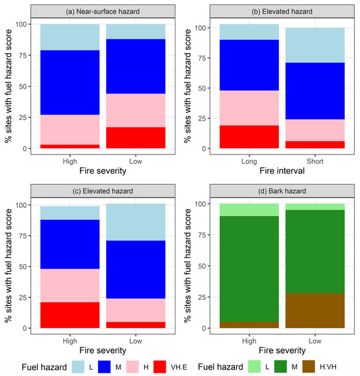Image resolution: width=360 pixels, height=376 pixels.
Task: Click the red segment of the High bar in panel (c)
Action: click(69, 315)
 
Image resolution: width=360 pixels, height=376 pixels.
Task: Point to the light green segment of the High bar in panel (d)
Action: click(249, 210)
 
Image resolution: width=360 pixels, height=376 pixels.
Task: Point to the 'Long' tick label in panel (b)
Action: click(249, 159)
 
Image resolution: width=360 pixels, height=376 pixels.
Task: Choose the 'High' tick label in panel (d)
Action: click(249, 339)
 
